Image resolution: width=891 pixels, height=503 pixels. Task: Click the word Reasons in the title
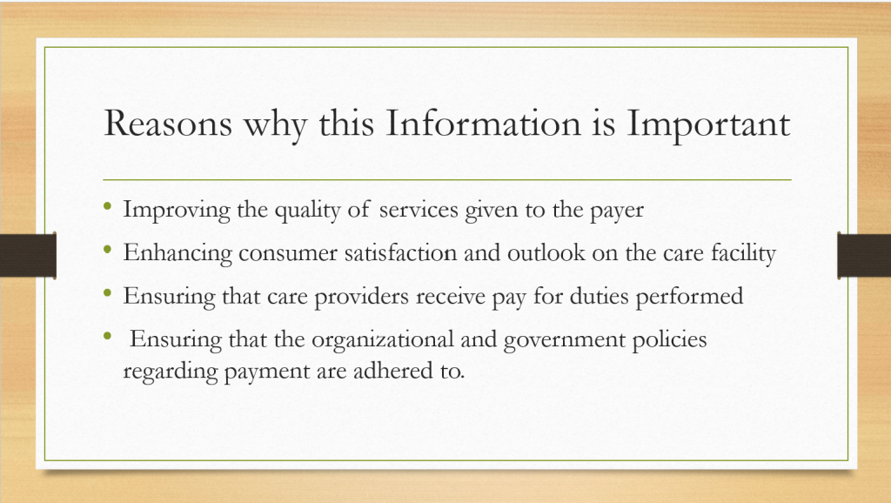coord(168,124)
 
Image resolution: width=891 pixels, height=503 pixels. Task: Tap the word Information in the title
coord(483,123)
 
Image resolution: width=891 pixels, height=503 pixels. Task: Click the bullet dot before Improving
coord(107,206)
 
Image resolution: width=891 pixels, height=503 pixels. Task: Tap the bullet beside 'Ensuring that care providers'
coord(107,292)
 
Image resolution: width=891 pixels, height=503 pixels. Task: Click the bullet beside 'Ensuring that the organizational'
coord(107,336)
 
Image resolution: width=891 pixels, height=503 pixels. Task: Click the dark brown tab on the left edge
coord(28,255)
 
